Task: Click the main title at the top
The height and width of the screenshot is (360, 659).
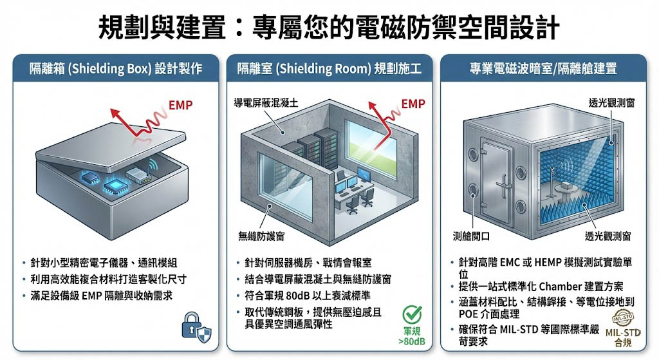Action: [x=329, y=28]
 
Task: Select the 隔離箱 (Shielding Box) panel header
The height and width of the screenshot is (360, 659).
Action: [x=116, y=68]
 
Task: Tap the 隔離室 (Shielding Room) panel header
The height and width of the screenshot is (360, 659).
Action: [x=329, y=68]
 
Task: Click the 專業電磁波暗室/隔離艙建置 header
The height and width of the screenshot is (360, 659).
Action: [x=543, y=68]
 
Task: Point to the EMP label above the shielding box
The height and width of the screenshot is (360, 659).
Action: [x=180, y=104]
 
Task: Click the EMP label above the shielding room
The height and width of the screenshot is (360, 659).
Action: [x=413, y=104]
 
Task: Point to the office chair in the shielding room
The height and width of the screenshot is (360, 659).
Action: [x=352, y=204]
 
